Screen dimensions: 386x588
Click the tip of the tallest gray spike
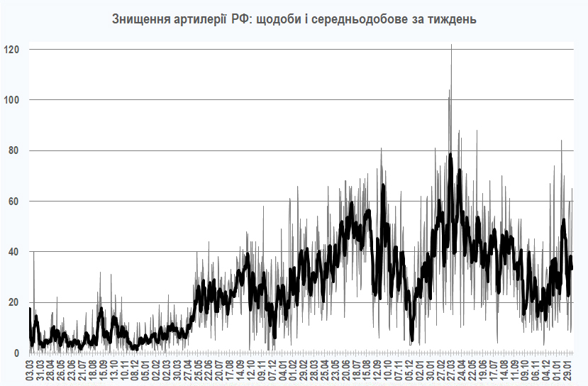(x=451, y=45)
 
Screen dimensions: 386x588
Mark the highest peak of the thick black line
(x=450, y=154)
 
